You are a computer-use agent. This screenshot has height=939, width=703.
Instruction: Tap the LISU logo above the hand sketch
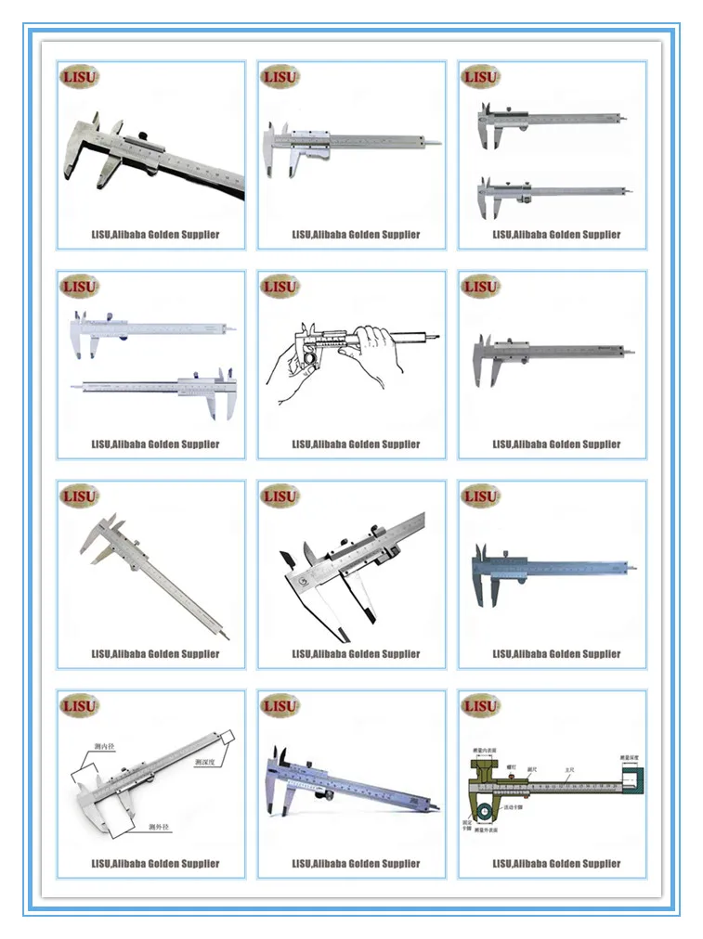point(280,287)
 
